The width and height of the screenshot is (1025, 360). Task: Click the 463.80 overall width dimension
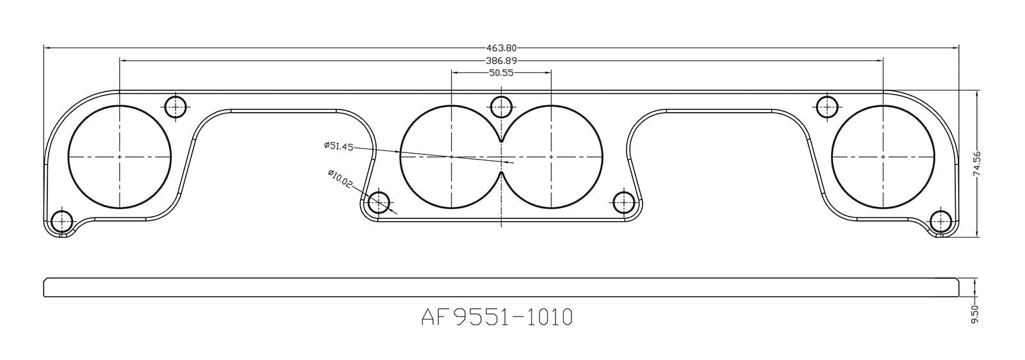(501, 47)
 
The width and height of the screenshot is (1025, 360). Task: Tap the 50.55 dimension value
(502, 73)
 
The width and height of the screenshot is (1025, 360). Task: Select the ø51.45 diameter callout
(339, 146)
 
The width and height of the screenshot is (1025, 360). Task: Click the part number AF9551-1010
(496, 316)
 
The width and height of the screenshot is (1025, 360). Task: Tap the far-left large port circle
(120, 156)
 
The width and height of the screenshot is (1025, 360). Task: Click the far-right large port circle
(883, 156)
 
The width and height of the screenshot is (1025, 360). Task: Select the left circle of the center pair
(451, 156)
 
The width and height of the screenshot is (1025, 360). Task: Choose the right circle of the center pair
(552, 156)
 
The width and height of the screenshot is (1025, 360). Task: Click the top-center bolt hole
(502, 106)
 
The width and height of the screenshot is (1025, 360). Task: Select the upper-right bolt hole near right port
(828, 106)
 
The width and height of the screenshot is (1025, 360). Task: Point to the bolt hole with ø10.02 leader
(379, 202)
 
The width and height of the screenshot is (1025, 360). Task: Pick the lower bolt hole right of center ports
(623, 202)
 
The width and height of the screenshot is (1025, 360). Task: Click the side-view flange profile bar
(501, 288)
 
